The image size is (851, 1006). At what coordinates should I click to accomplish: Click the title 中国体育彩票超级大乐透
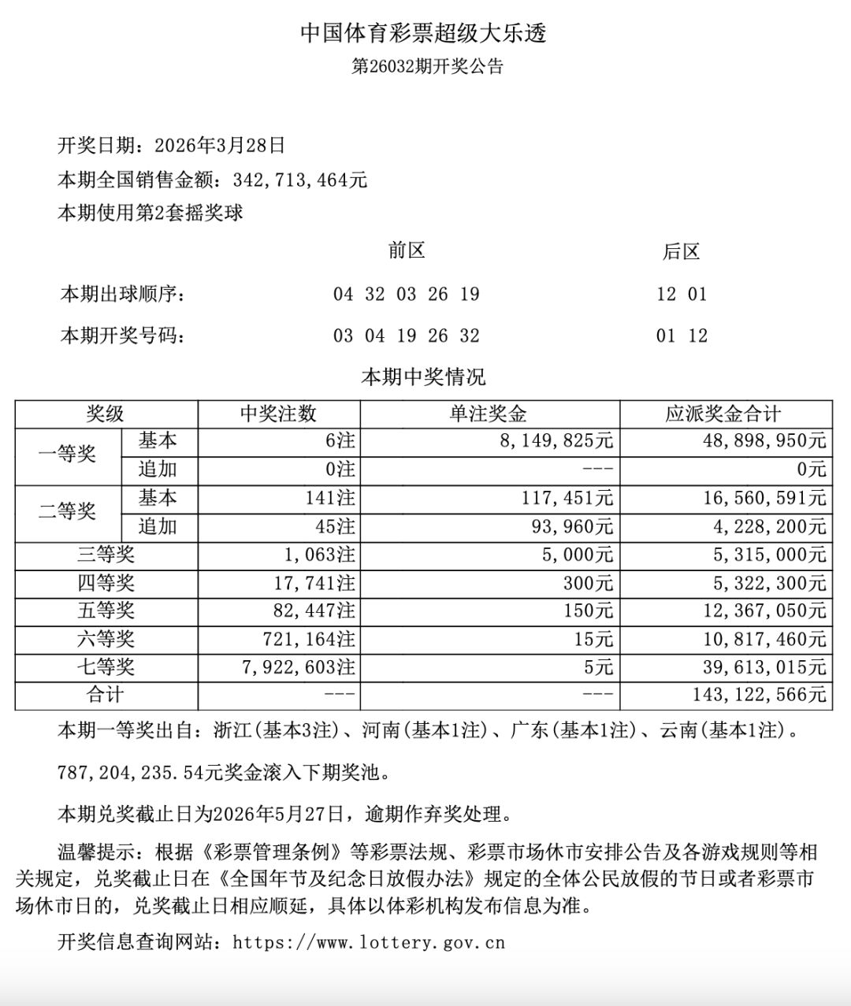click(424, 33)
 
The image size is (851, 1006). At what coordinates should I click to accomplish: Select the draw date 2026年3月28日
click(220, 146)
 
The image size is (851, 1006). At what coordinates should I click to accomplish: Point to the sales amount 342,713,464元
click(300, 180)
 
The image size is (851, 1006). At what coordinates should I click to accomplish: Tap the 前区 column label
click(407, 251)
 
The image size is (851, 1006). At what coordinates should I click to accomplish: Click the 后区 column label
click(681, 252)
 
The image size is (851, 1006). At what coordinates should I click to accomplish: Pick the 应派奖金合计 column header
click(723, 414)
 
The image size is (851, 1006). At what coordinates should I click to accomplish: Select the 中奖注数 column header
click(278, 414)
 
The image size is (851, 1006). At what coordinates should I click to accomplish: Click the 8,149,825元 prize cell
click(556, 441)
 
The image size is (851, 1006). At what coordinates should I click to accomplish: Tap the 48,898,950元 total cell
click(764, 441)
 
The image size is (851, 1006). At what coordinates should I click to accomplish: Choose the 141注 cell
click(331, 499)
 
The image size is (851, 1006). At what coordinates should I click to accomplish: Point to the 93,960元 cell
click(572, 526)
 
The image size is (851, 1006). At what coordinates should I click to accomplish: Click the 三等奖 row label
click(106, 555)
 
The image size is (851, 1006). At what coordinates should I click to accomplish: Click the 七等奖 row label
click(106, 667)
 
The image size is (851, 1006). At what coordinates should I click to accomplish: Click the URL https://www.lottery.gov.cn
click(369, 942)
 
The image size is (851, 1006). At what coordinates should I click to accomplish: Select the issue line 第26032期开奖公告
click(426, 66)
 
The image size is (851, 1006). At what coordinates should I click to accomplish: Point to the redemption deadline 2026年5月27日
click(278, 813)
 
